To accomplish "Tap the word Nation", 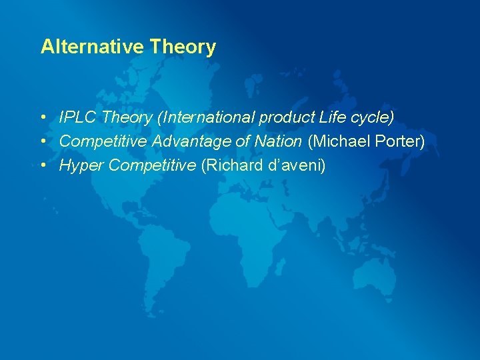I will pyautogui.click(x=279, y=141).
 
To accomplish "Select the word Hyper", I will pyautogui.click(x=81, y=165).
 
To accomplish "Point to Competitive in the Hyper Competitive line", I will pyautogui.click(x=151, y=165).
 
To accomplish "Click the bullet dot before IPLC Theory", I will pyautogui.click(x=42, y=118).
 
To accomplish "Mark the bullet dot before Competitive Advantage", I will pyautogui.click(x=42, y=142).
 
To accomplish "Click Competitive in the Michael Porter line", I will pyautogui.click(x=103, y=141).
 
